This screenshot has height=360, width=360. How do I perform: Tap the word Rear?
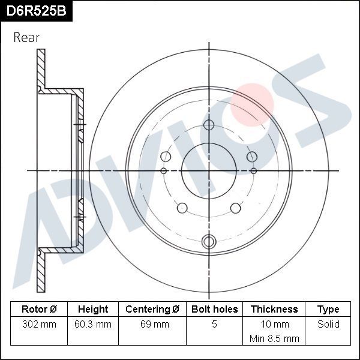[x=26, y=37]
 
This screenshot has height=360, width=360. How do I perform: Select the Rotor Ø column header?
[x=39, y=309]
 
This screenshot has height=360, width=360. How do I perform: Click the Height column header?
[x=93, y=309]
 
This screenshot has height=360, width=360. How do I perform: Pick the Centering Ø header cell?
[x=152, y=309]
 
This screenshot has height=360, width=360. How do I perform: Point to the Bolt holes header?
[x=214, y=309]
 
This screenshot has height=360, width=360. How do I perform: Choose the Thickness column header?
[x=274, y=309]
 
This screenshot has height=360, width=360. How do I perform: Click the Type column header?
[x=328, y=309]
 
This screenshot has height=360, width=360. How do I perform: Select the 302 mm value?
[x=39, y=324]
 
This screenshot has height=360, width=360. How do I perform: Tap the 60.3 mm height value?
[x=93, y=324]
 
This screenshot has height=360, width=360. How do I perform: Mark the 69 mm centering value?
[x=152, y=324]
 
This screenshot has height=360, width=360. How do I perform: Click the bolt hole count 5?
[x=214, y=324]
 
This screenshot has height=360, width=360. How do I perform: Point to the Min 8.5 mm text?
[x=274, y=338]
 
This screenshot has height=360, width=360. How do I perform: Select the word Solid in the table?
[x=328, y=324]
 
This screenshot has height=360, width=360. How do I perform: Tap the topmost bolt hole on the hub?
[x=208, y=125]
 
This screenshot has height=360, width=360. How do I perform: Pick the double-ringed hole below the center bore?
[x=208, y=241]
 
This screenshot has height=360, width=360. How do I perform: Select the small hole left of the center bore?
[x=163, y=171]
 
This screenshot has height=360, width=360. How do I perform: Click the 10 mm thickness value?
[x=274, y=324]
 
